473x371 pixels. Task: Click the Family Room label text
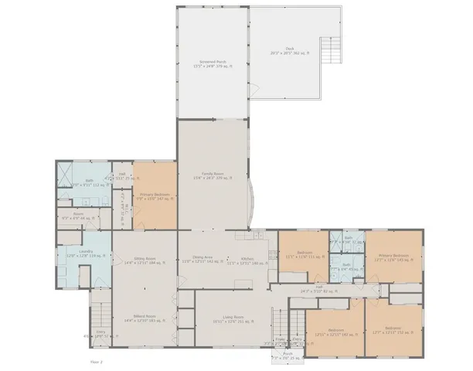[x=213, y=175]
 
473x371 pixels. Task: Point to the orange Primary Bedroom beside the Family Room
[x=155, y=196]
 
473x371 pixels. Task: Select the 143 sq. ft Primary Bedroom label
[x=393, y=257]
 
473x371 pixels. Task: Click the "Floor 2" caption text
[x=96, y=361]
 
